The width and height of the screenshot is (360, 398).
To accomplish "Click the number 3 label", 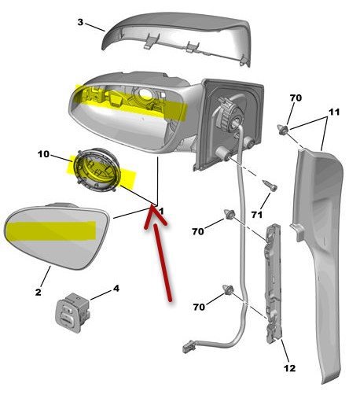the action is (80, 22).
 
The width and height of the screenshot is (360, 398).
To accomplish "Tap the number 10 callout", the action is (43, 154).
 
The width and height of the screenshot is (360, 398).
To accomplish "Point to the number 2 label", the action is (39, 292).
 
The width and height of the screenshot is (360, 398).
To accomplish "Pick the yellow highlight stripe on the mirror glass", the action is (51, 230).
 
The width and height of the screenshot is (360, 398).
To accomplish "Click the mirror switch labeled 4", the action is (73, 311).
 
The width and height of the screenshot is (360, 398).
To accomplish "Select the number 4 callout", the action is (116, 289).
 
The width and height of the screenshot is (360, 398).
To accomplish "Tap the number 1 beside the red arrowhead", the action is (162, 211).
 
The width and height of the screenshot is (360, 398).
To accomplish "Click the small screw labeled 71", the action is (270, 186).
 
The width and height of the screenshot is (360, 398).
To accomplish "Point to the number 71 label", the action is (257, 215).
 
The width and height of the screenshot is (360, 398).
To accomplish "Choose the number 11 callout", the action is (334, 112).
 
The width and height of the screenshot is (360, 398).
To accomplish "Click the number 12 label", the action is (290, 368).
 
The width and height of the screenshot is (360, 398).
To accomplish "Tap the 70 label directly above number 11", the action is (296, 98).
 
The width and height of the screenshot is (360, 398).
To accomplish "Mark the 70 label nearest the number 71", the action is (198, 231).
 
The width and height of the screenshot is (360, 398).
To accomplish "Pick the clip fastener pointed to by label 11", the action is (283, 130).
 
